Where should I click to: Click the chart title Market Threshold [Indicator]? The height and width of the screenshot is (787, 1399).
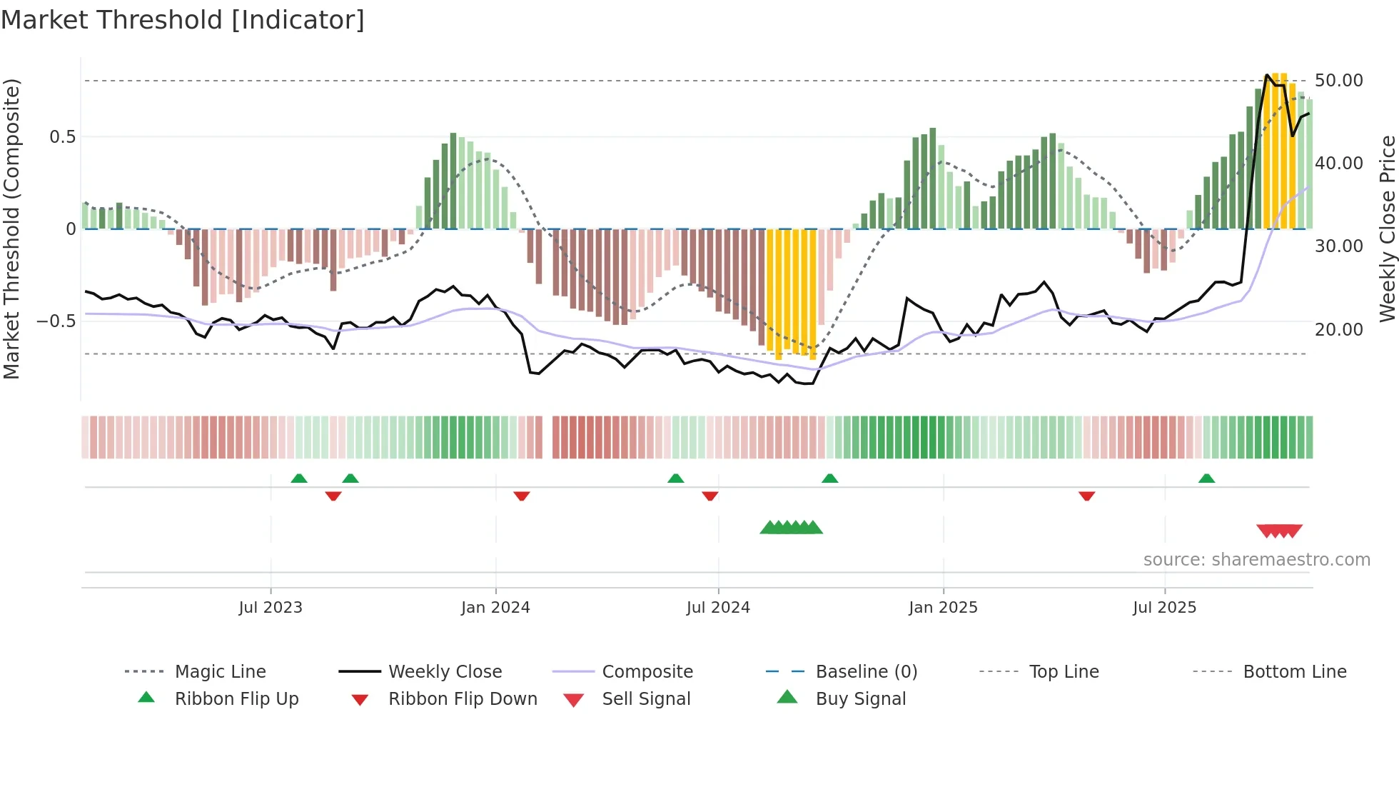pyautogui.click(x=183, y=20)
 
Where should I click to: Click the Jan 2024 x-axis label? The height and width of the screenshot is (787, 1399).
pyautogui.click(x=495, y=608)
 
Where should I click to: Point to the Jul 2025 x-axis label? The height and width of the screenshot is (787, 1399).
pyautogui.click(x=1164, y=608)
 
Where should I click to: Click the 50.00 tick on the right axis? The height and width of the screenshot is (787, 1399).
pyautogui.click(x=1338, y=81)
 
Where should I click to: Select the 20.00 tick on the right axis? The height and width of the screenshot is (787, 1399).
pyautogui.click(x=1338, y=330)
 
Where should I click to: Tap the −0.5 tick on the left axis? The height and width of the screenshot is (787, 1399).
pyautogui.click(x=56, y=321)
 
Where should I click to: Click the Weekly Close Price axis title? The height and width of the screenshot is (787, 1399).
pyautogui.click(x=1387, y=229)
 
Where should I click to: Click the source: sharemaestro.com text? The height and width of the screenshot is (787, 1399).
pyautogui.click(x=1256, y=560)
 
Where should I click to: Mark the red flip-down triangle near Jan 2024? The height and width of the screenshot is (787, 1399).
pyautogui.click(x=522, y=496)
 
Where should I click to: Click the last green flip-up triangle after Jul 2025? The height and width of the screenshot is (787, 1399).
pyautogui.click(x=1206, y=478)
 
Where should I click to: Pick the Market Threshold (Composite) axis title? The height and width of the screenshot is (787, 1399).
pyautogui.click(x=11, y=229)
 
